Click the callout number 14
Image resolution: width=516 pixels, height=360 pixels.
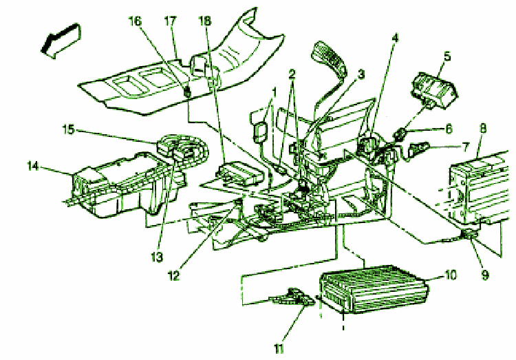pos(31,165)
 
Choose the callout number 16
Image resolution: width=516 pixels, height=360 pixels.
pos(136,21)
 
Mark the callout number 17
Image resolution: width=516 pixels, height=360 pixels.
pos(169,21)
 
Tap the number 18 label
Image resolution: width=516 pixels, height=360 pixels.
pos(205,21)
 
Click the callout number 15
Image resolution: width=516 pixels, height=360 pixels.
pos(69,129)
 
